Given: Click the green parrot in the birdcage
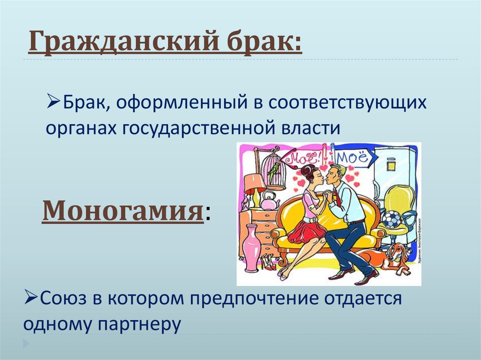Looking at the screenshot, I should click(271, 172).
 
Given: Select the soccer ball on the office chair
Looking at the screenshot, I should click(392, 219).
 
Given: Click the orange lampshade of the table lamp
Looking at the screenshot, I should click(255, 182).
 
